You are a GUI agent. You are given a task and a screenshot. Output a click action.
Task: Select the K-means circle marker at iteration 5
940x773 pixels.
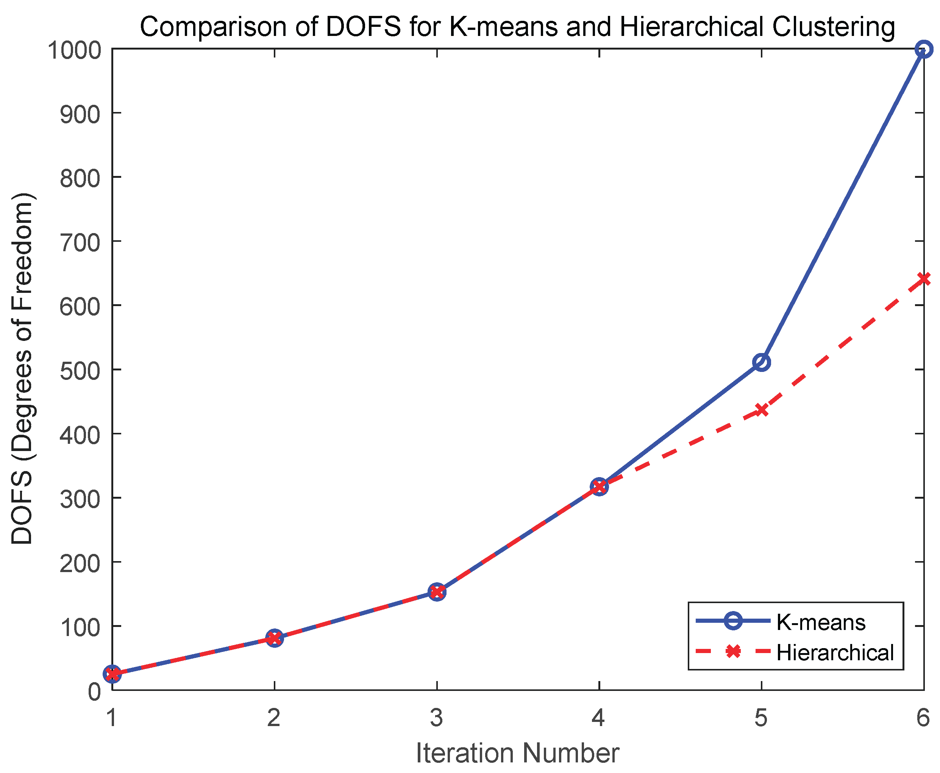click(x=761, y=362)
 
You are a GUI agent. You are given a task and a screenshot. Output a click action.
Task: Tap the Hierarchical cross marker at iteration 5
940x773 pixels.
click(x=761, y=410)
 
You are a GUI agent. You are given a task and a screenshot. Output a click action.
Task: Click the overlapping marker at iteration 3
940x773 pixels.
click(x=437, y=592)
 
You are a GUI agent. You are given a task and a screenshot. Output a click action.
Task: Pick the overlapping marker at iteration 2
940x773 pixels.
click(x=275, y=638)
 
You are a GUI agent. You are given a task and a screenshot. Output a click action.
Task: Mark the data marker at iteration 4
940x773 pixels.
click(x=599, y=487)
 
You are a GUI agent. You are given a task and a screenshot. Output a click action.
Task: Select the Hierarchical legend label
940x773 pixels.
click(x=835, y=652)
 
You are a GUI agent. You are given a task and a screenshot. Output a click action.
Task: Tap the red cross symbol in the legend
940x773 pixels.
click(x=733, y=652)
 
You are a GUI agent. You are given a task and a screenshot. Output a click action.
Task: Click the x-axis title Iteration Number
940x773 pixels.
click(x=517, y=753)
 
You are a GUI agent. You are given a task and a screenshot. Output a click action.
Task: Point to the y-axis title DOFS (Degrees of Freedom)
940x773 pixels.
click(x=22, y=369)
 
